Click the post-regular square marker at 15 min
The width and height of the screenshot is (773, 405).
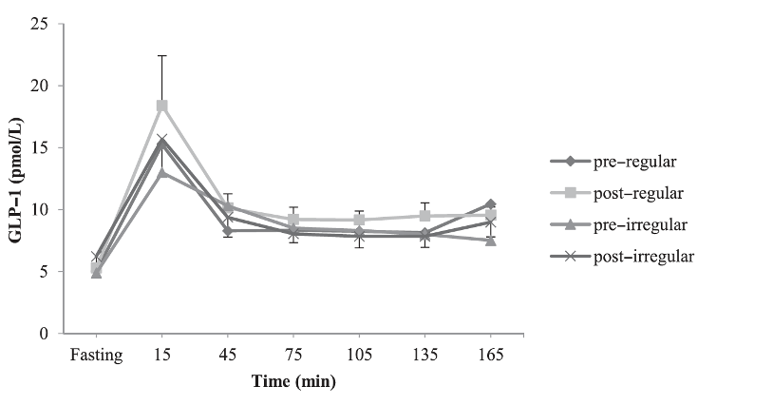click(162, 106)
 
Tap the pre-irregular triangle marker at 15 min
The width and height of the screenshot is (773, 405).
click(162, 172)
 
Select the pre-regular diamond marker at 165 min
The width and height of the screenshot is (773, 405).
click(490, 204)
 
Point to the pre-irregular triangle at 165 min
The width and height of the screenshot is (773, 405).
click(490, 241)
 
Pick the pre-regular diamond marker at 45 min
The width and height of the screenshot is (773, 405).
click(228, 231)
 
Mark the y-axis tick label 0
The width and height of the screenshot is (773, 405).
click(45, 334)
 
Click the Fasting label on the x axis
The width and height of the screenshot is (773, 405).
click(96, 356)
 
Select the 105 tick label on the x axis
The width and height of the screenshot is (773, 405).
click(359, 356)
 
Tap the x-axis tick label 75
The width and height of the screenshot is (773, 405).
click(293, 356)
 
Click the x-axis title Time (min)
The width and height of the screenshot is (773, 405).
click(292, 380)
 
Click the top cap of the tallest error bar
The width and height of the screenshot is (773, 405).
click(162, 55)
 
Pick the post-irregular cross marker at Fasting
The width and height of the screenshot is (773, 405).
click(96, 257)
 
